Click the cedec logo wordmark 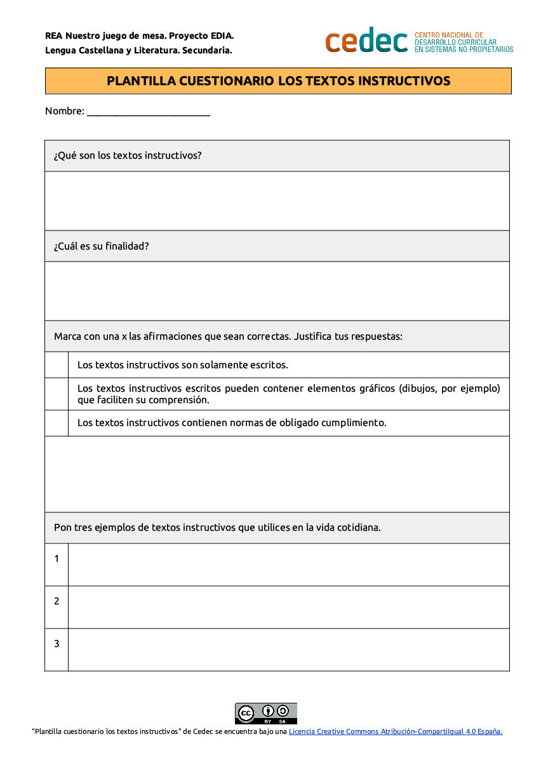click(366, 41)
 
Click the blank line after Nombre click(148, 112)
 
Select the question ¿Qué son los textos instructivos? click(128, 156)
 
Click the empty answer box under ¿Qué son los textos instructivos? click(277, 201)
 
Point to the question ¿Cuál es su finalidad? click(102, 246)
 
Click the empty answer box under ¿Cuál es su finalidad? click(277, 291)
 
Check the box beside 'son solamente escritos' click(57, 365)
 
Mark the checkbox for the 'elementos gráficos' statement click(57, 394)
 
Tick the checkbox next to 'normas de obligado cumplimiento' click(57, 423)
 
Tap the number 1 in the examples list click(57, 559)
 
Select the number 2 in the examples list click(57, 601)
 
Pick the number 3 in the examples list click(57, 644)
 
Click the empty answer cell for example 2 click(288, 607)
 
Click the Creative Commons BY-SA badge click(266, 713)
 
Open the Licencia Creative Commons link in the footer click(395, 731)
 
